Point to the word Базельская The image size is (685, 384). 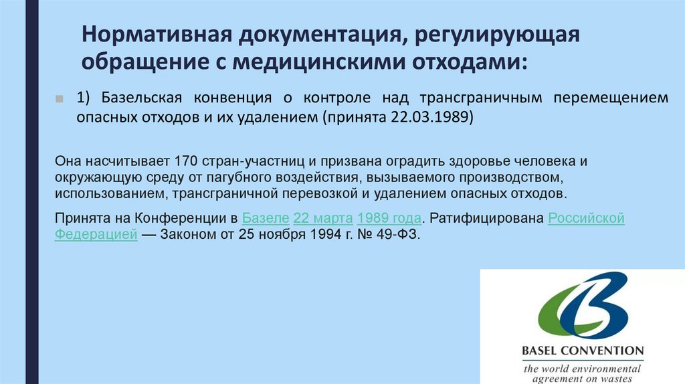click(x=140, y=98)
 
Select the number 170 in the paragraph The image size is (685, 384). click(x=185, y=162)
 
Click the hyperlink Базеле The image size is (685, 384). click(x=266, y=219)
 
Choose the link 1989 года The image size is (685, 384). click(x=389, y=219)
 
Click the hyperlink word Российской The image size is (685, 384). click(x=586, y=219)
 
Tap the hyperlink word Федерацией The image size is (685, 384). click(x=96, y=236)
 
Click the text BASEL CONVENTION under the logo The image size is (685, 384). click(x=582, y=351)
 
